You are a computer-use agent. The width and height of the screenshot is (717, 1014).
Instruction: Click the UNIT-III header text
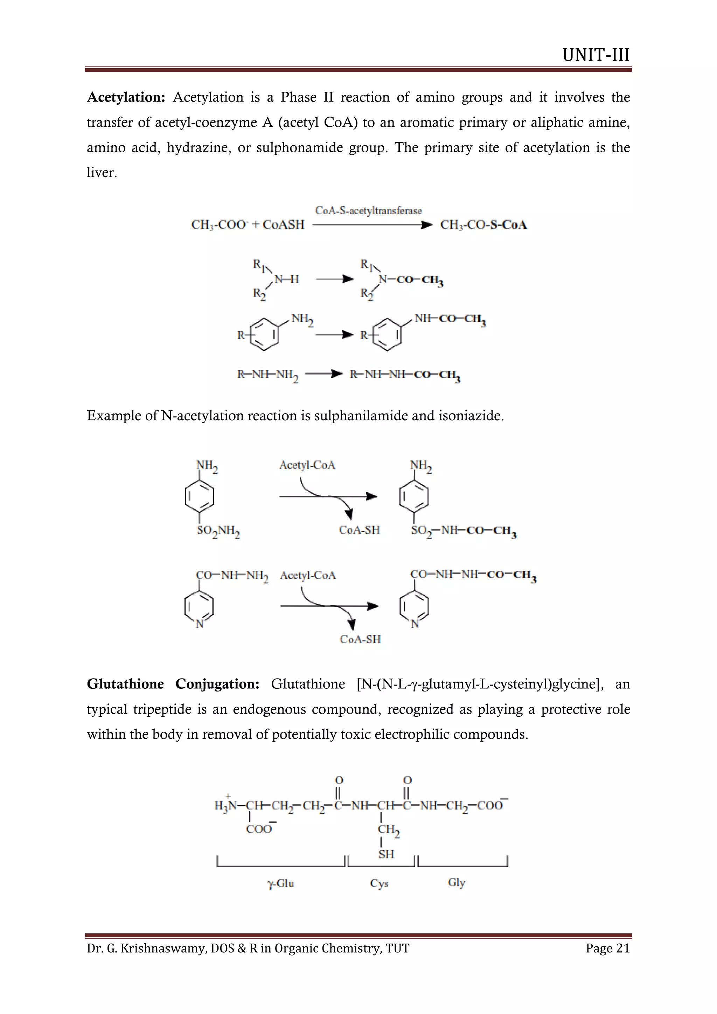coord(596,55)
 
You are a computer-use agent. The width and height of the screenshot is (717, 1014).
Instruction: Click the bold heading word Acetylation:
coord(126,97)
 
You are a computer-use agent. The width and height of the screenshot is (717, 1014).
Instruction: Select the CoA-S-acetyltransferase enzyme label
coord(368,211)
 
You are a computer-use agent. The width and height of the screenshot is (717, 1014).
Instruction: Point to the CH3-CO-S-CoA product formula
coord(483,225)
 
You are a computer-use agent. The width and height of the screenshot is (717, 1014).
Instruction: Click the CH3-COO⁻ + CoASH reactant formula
coord(248,225)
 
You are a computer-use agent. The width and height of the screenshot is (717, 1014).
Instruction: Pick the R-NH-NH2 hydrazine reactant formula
coord(267,375)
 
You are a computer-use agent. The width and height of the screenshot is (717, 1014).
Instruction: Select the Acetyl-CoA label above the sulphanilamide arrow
coord(307,465)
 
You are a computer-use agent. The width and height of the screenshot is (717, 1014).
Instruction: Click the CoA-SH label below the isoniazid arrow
coord(360,639)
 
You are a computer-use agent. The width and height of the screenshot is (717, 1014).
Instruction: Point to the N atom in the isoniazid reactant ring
coord(200,624)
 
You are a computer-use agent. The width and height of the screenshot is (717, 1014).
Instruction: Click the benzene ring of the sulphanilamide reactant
coord(200,496)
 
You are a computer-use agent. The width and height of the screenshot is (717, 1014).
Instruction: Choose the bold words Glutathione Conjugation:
coord(173,684)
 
